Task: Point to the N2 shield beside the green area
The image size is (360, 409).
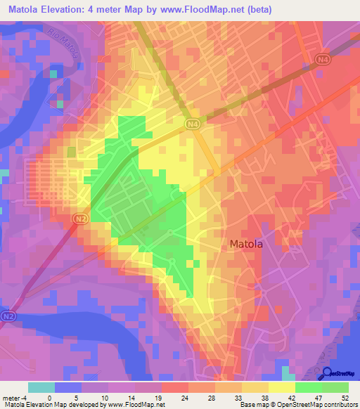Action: coord(81,220)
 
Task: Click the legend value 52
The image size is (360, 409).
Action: coord(344,397)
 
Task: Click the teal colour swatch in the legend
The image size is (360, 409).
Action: coord(41,387)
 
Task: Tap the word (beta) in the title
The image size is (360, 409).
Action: coord(257,10)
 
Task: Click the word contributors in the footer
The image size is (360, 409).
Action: coord(340,405)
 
